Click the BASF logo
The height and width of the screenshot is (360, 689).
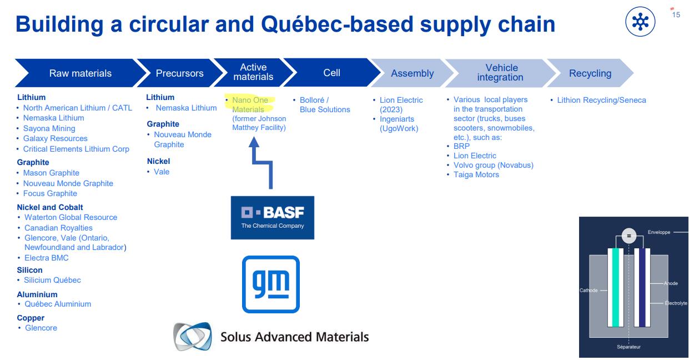click(272, 217)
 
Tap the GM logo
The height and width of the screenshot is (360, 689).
click(271, 284)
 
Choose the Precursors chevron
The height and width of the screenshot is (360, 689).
click(179, 73)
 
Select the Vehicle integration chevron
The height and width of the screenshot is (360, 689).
click(500, 73)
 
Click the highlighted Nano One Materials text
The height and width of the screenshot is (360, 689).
click(249, 104)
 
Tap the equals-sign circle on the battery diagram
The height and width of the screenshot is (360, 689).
click(628, 236)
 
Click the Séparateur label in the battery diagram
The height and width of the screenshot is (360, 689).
click(628, 347)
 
